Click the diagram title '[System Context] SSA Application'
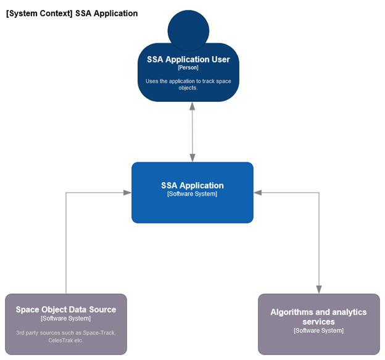[72, 13]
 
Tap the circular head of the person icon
[188, 29]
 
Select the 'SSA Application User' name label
[188, 60]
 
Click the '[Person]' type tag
[188, 68]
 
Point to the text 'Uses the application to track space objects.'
[188, 84]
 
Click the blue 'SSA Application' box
[192, 207]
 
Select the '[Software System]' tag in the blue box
[192, 194]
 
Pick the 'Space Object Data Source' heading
[66, 309]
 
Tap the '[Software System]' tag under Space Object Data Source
[66, 319]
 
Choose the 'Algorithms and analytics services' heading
[318, 317]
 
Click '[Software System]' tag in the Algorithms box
[318, 331]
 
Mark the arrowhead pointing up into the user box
[192, 106]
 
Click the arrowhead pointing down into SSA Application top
[192, 157]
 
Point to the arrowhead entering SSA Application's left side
[127, 193]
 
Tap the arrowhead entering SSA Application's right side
[258, 193]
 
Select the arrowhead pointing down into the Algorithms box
[319, 289]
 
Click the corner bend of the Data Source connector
[66, 193]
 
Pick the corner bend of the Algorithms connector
[319, 193]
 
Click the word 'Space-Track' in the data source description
[100, 333]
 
